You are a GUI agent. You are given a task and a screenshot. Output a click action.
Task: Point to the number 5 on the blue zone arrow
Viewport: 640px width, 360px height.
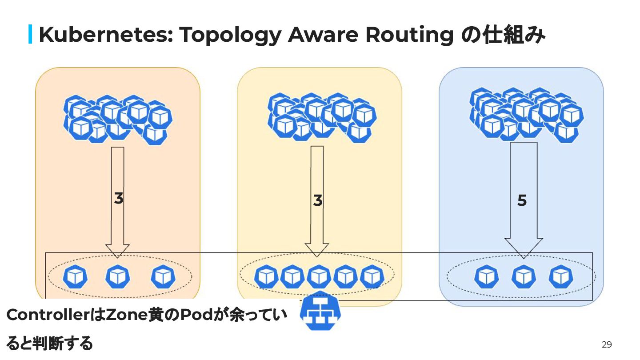pyautogui.click(x=522, y=201)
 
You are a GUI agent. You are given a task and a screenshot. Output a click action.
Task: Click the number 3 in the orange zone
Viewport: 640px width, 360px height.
pyautogui.click(x=118, y=198)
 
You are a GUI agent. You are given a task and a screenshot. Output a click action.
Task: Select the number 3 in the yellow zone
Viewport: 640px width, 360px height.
pyautogui.click(x=317, y=200)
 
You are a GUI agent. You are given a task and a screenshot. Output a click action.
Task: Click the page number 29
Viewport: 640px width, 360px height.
pyautogui.click(x=606, y=344)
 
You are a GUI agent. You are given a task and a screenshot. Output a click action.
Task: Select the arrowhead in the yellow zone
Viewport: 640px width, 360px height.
pyautogui.click(x=316, y=250)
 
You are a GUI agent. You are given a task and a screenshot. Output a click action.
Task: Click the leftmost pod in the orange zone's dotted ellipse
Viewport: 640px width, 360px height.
pyautogui.click(x=75, y=276)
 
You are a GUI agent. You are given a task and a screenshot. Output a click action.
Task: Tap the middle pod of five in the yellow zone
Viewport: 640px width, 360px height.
pyautogui.click(x=319, y=276)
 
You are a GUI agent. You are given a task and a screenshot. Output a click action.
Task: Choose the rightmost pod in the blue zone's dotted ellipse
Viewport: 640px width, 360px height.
pyautogui.click(x=561, y=276)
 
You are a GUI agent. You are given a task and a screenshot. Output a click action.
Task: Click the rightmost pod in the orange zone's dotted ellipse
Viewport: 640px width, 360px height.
pyautogui.click(x=163, y=276)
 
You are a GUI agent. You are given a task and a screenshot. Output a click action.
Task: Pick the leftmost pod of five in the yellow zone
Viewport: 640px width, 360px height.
pyautogui.click(x=266, y=276)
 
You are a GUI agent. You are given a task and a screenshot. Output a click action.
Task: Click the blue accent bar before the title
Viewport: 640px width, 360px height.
pyautogui.click(x=30, y=35)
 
